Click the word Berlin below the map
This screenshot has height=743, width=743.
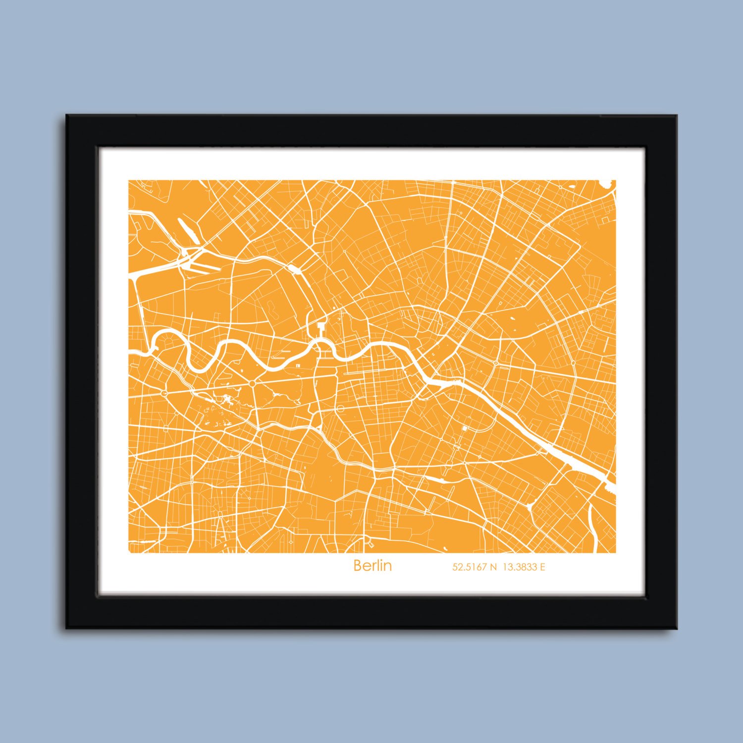coord(372,566)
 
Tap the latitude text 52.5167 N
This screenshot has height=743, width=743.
coord(474,567)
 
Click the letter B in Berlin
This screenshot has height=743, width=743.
coord(358,566)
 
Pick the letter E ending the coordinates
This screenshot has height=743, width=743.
coord(542,567)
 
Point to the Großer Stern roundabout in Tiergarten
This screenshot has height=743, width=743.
coord(252,383)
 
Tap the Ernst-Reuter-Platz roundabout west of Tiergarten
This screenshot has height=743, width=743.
coord(164,392)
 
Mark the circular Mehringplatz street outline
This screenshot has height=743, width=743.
coord(340,408)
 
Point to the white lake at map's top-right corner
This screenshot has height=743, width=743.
coord(607,183)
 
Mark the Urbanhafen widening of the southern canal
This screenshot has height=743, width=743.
coord(434,479)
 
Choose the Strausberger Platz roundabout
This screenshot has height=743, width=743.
coord(495,363)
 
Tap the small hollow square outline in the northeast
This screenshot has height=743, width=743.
coord(605,218)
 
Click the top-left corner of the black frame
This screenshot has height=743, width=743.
coord(66,115)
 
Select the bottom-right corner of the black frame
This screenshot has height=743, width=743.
coord(677,629)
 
